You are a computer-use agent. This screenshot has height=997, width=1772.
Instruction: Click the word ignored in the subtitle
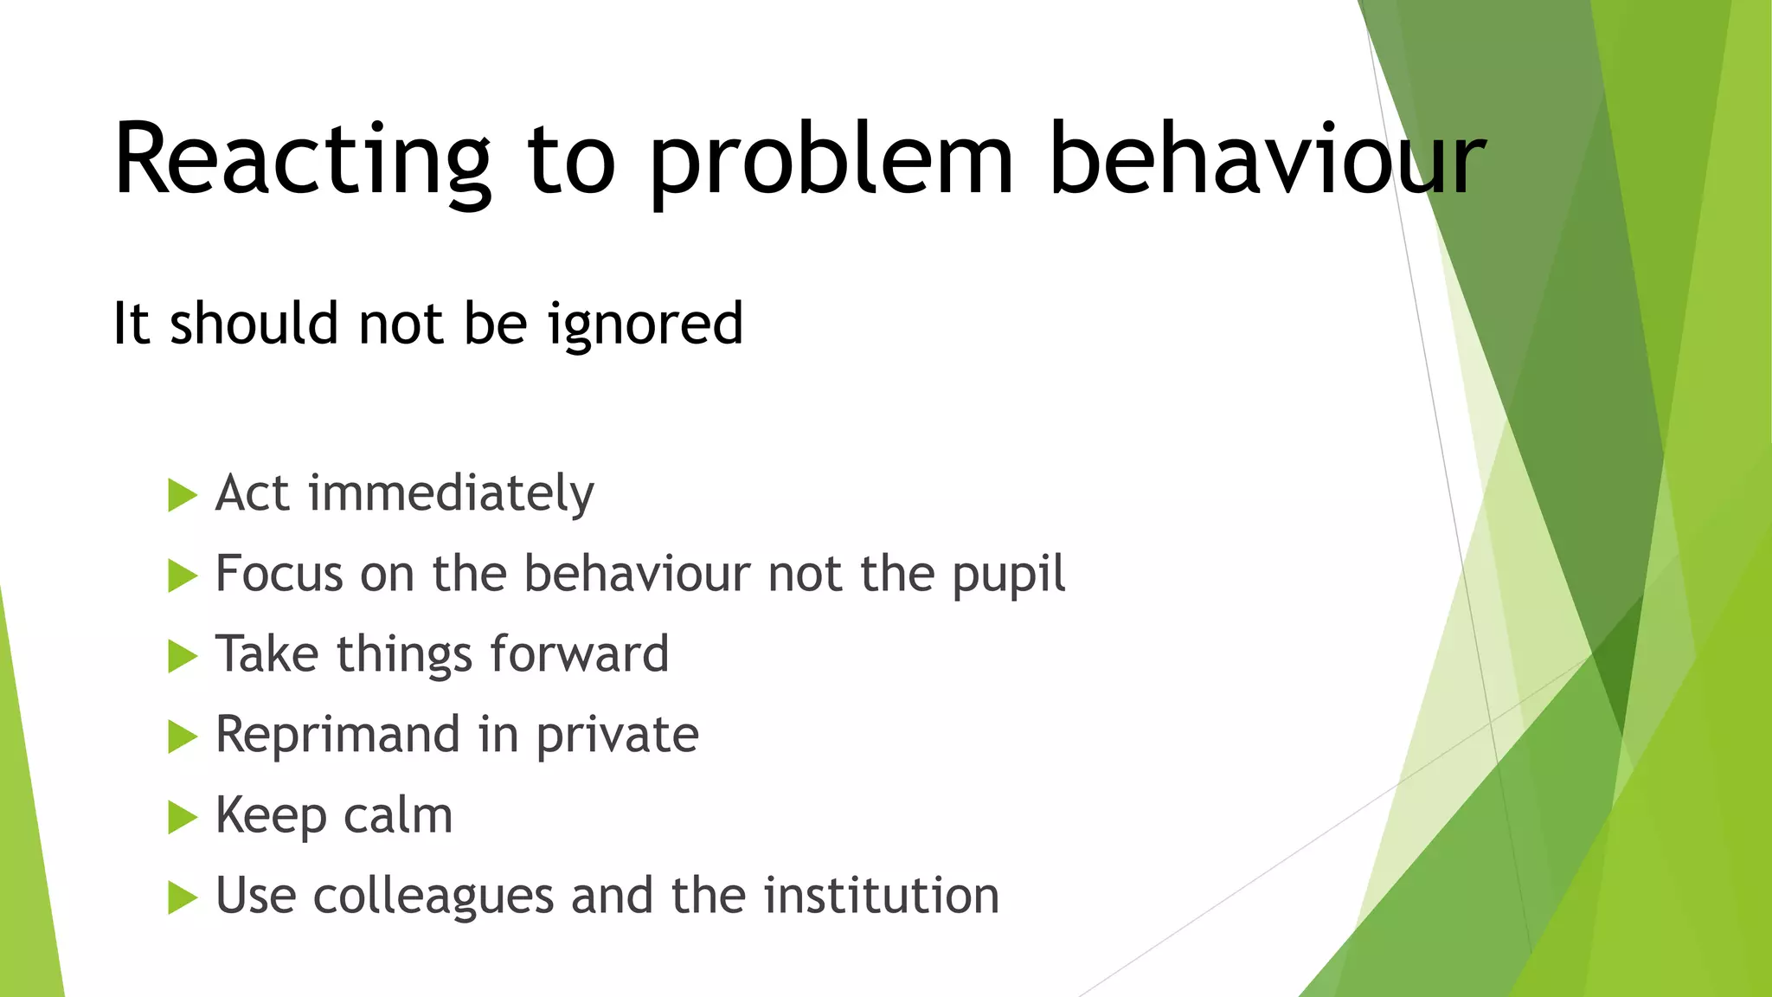click(645, 325)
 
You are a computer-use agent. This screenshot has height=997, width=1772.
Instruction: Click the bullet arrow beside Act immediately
click(182, 495)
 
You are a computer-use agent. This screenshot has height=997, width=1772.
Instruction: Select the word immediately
click(451, 494)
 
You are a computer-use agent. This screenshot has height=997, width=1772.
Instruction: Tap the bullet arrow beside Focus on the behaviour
click(182, 576)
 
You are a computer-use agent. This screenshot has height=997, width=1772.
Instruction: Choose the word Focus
click(279, 574)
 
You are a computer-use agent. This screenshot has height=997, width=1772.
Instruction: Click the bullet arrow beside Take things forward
click(182, 656)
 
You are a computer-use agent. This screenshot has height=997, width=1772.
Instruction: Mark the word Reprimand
click(337, 736)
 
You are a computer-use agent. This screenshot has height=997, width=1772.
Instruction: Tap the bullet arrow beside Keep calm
click(182, 817)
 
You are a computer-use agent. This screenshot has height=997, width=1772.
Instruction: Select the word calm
click(398, 816)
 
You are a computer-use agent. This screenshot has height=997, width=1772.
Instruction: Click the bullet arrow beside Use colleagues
click(182, 897)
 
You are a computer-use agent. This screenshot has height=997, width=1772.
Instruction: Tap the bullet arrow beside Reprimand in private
click(182, 736)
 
